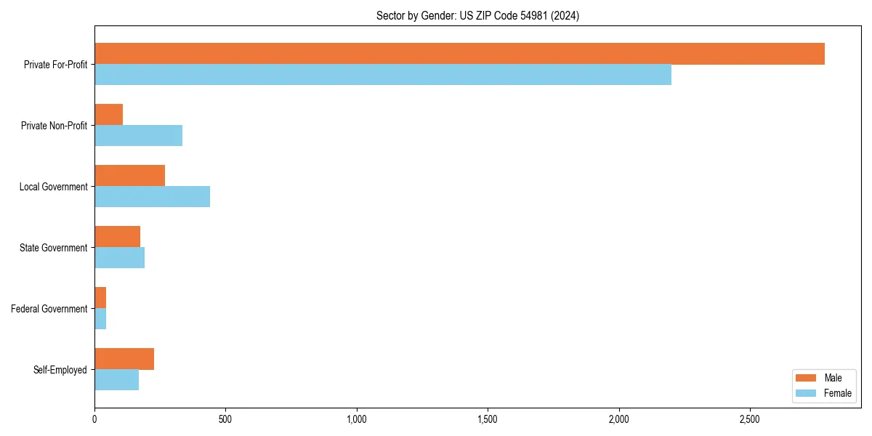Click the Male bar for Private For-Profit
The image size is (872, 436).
[459, 54]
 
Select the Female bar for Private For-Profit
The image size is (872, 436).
[383, 75]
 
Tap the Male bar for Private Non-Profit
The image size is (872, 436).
[108, 115]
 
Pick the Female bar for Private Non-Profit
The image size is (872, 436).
[138, 136]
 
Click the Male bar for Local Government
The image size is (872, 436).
[129, 176]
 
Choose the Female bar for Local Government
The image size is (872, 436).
[152, 197]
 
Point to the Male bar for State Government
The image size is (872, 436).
[117, 237]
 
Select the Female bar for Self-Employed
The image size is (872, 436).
[116, 380]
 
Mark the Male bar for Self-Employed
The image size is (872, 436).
[124, 359]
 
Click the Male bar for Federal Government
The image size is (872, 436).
[100, 298]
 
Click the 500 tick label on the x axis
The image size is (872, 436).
[225, 419]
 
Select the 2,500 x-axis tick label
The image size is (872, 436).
[750, 419]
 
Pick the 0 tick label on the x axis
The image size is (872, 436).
[94, 419]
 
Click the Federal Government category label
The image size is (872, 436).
[49, 309]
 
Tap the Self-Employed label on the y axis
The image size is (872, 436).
[60, 370]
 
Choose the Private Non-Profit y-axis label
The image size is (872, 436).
[54, 126]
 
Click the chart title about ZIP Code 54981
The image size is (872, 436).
[477, 15]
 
